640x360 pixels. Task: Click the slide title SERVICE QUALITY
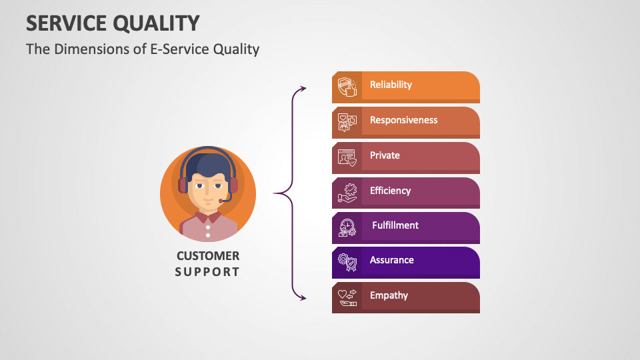(x=113, y=23)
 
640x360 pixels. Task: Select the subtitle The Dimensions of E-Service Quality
(x=143, y=49)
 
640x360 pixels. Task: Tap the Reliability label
(x=391, y=85)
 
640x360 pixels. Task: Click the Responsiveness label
(x=403, y=120)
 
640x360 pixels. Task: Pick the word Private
(x=385, y=155)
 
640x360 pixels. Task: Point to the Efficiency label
(x=390, y=191)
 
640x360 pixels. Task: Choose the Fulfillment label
(x=395, y=225)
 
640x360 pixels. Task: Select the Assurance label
(x=391, y=260)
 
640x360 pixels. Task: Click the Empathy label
(x=389, y=295)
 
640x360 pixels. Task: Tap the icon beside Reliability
(x=347, y=87)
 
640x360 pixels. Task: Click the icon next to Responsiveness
(x=347, y=122)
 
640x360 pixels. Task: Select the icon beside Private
(x=347, y=157)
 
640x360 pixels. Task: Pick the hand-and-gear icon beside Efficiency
(x=347, y=193)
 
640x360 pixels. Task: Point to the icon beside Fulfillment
(x=347, y=227)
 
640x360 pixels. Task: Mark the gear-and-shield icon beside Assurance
(x=347, y=262)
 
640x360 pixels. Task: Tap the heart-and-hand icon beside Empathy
(x=347, y=297)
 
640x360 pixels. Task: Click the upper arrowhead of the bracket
(x=303, y=88)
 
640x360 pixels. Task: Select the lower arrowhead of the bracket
(x=303, y=298)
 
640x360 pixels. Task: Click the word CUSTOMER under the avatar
(x=207, y=256)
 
